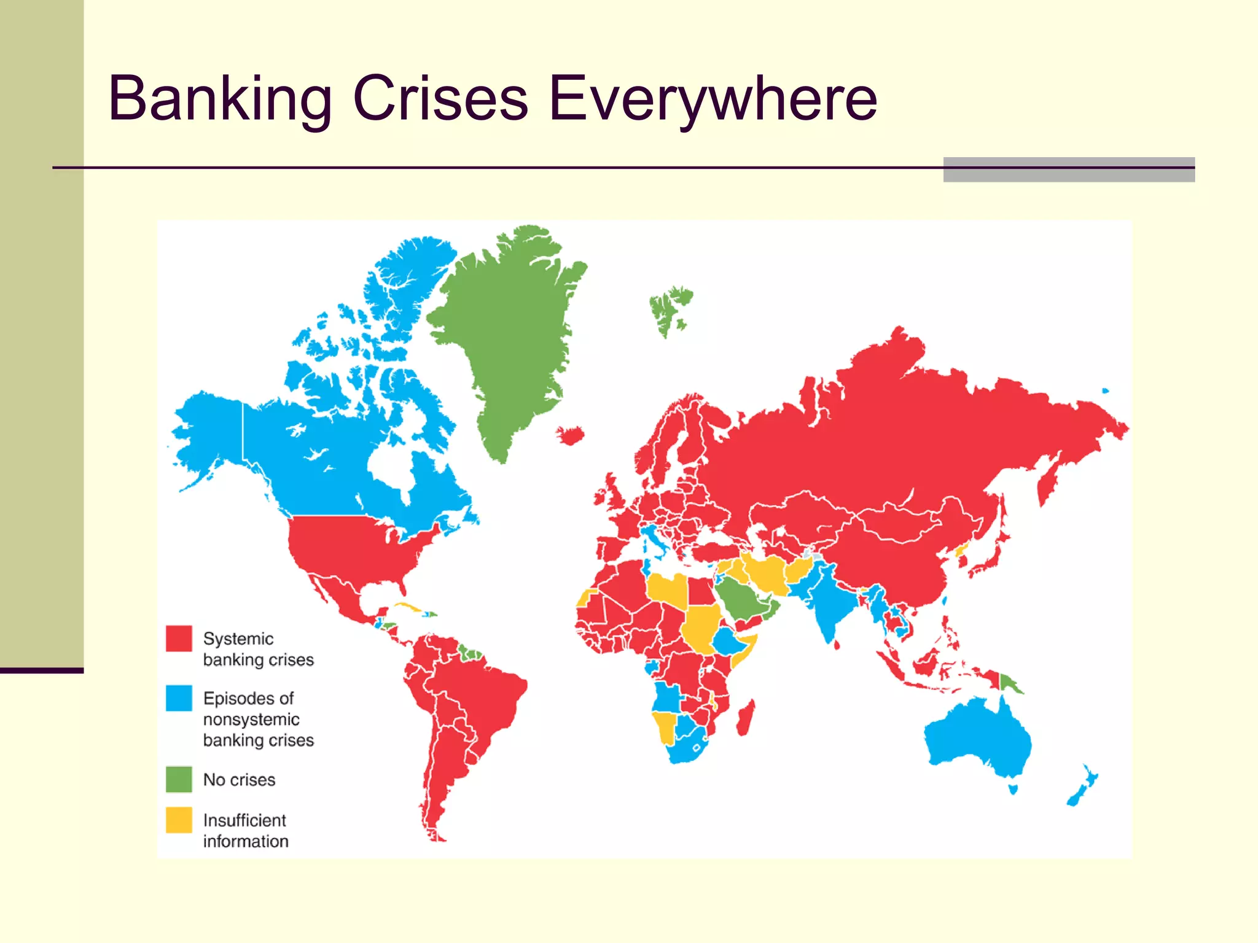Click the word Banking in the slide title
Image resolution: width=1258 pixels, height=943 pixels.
coord(219,98)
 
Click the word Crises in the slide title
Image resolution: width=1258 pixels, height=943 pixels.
coord(440,98)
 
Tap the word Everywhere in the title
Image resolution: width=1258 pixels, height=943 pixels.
coord(713,98)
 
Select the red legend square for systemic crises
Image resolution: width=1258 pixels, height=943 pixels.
coord(179,638)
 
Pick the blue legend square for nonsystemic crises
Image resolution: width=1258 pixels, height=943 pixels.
coord(179,698)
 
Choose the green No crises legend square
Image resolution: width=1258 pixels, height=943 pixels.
coord(179,779)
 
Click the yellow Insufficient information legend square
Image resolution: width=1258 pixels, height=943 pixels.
coord(179,820)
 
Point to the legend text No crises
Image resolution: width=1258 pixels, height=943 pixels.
coord(239,780)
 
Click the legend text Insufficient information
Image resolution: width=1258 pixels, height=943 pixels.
coord(245,831)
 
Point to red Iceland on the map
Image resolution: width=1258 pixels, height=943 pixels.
coord(571,435)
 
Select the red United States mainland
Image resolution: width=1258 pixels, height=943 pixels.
coord(350,546)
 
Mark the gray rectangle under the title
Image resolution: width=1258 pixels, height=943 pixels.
coord(1069,170)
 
